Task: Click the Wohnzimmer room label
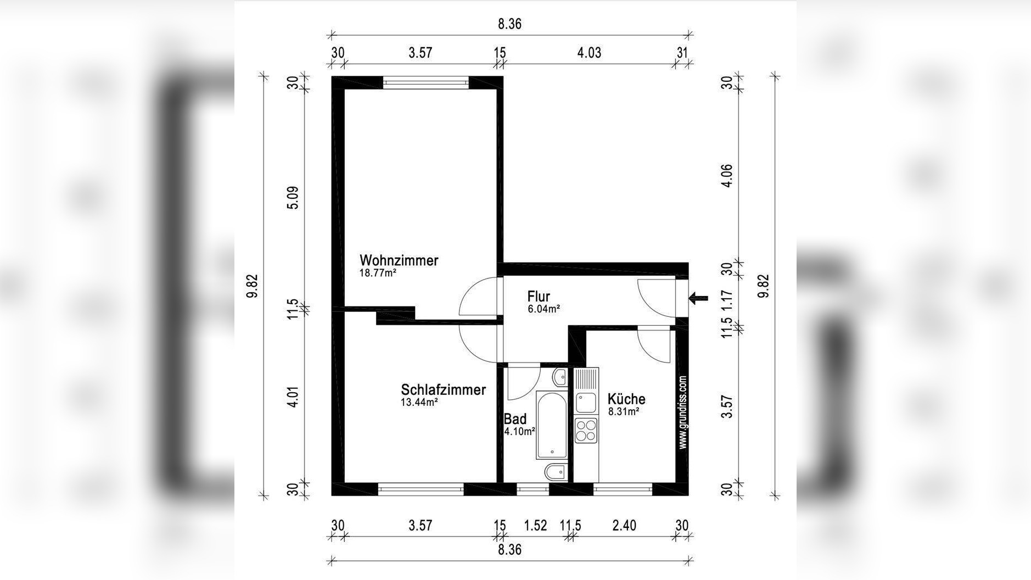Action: pos(399,260)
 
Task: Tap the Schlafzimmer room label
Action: pos(443,390)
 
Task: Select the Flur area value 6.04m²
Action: pos(543,309)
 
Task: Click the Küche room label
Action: pos(626,399)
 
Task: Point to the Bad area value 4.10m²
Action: pos(519,432)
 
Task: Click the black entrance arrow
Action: pos(698,299)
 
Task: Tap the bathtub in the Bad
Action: pos(551,425)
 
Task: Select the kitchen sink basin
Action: pos(585,403)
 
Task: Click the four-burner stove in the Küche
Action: pos(586,430)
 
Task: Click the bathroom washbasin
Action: pos(559,377)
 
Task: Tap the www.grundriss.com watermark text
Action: pos(683,412)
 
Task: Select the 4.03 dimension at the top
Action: pos(589,53)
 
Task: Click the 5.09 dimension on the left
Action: pos(293,198)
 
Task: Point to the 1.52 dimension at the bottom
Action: pos(535,526)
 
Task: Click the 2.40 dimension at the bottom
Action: pos(624,526)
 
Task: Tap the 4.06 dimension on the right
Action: pos(727,176)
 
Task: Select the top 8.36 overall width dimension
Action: pos(509,24)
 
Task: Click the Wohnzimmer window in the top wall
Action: pos(425,83)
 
